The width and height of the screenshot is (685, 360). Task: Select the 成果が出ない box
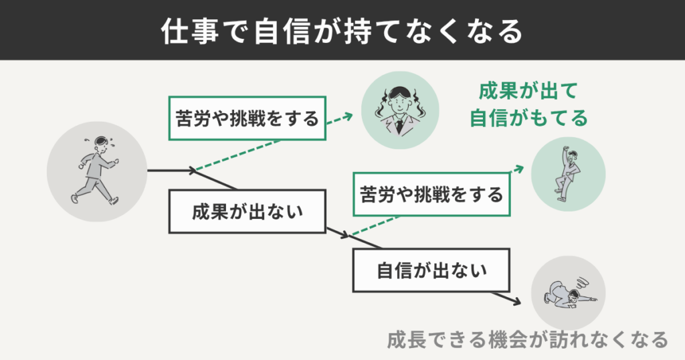click(248, 211)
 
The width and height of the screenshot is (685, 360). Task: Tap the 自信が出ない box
click(431, 271)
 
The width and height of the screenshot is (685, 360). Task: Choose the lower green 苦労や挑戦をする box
click(431, 195)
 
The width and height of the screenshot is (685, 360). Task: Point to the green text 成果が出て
click(528, 91)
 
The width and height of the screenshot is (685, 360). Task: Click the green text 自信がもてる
click(528, 118)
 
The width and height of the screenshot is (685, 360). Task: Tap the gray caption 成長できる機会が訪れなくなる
click(527, 339)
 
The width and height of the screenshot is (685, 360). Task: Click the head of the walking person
click(100, 143)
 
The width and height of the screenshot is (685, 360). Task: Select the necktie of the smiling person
click(399, 124)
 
